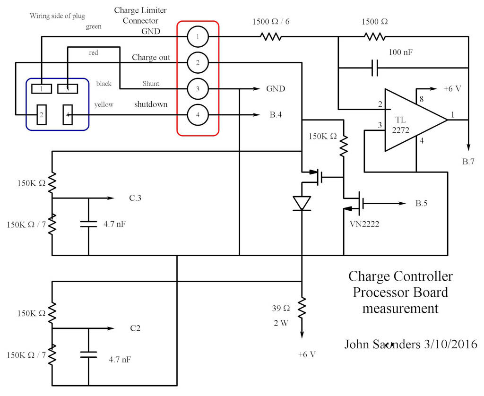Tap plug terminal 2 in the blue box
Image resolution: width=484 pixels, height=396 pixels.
[x=42, y=115]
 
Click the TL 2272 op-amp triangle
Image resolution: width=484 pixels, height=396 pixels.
[x=411, y=120]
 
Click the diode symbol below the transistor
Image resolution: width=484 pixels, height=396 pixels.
[x=301, y=203]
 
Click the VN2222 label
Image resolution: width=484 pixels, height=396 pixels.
[x=362, y=224]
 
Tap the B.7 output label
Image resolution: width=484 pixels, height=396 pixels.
[x=468, y=162]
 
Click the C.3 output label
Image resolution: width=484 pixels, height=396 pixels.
[x=135, y=198]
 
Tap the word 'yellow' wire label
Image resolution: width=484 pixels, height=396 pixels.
[x=104, y=104]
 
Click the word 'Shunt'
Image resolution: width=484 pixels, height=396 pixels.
[x=151, y=84]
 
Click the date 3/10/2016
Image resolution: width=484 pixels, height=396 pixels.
[x=451, y=344]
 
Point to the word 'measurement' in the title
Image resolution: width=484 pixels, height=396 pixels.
[x=400, y=309]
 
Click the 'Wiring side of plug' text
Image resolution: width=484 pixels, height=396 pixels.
[x=58, y=16]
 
